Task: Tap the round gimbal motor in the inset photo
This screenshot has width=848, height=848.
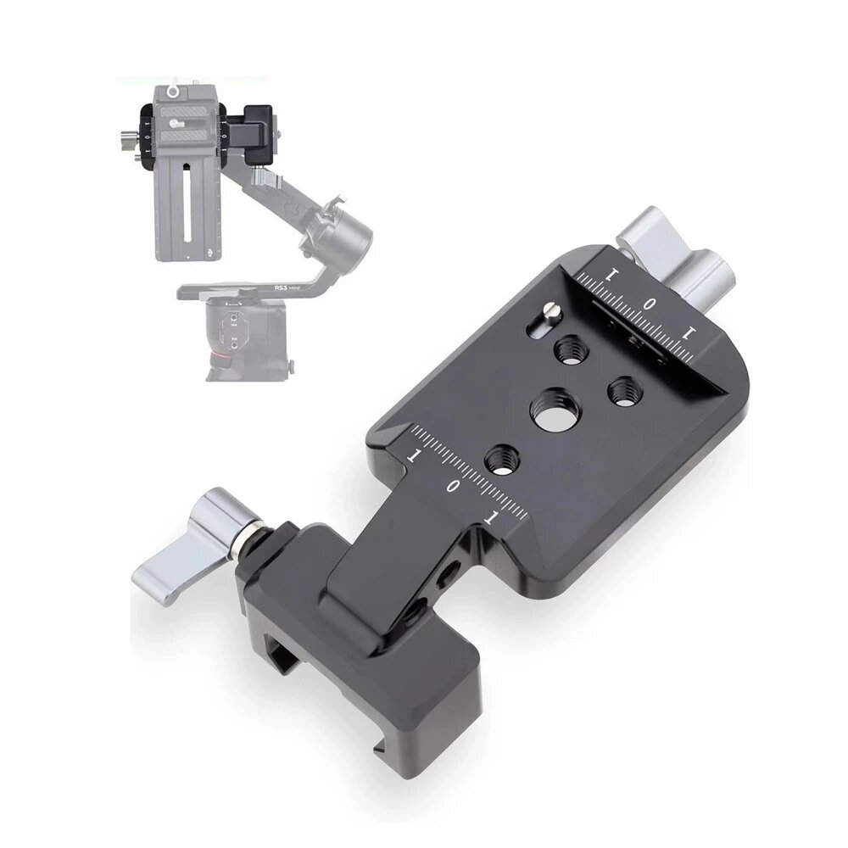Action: click(346, 230)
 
